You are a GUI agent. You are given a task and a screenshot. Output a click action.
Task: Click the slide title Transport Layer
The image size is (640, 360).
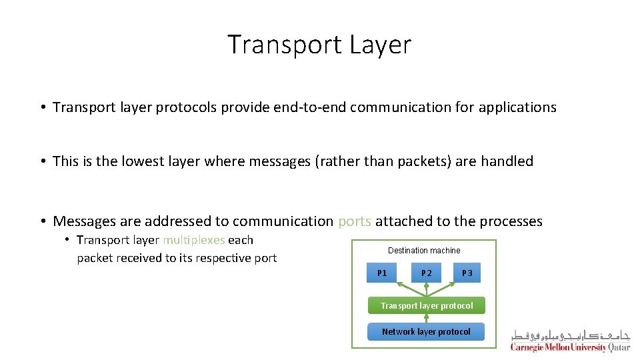tap(319, 45)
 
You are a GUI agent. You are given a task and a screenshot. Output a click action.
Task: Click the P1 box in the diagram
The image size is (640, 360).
tap(382, 273)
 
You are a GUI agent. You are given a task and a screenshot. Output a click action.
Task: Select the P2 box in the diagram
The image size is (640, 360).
tap(427, 273)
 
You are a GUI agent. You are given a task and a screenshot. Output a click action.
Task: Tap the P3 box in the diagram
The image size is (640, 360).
tap(467, 273)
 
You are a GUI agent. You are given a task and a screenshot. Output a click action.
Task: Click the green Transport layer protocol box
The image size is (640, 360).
tap(427, 305)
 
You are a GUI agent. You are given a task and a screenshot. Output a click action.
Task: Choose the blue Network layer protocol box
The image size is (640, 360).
tap(426, 331)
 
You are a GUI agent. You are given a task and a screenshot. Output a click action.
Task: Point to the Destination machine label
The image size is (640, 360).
tap(424, 251)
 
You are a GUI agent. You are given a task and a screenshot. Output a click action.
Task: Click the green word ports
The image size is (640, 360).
tap(355, 221)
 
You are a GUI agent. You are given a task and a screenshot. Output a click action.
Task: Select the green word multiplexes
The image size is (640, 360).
tap(194, 240)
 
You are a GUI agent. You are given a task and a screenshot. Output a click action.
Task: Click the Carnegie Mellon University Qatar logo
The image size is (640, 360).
tap(570, 340)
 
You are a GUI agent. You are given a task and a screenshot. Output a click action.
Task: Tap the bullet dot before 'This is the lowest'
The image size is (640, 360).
tap(42, 161)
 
